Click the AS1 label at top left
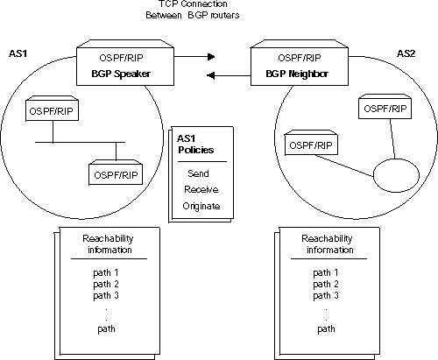tap(18, 53)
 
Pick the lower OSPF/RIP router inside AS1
tap(116, 173)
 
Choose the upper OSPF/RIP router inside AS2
tap(385, 108)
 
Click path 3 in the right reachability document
tap(326, 296)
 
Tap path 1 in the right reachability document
tap(326, 272)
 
